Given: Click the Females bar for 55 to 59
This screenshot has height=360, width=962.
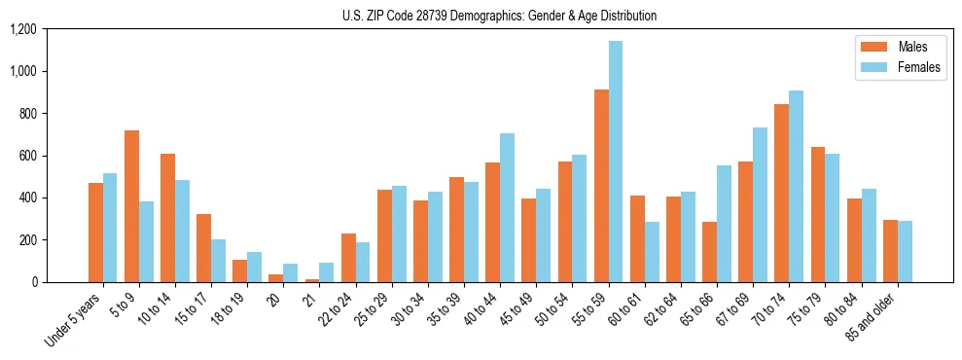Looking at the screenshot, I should click(x=616, y=162).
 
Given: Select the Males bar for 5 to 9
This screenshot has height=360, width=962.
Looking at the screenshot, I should click(x=132, y=206).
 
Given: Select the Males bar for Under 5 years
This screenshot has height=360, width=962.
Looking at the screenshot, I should click(x=95, y=233).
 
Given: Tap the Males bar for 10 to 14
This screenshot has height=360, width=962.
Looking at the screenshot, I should click(x=168, y=218).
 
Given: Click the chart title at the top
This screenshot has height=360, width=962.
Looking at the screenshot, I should click(x=499, y=16).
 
